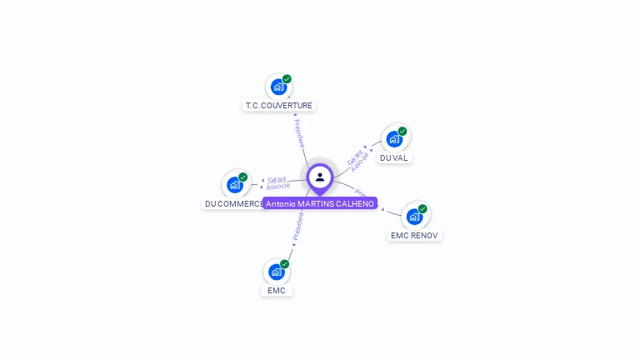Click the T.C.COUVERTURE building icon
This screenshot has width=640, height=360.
coord(278,87)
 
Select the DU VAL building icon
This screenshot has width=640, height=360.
coord(394,139)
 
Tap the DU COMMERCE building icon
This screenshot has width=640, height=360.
coord(235,185)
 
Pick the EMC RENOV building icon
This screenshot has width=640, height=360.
coord(414,217)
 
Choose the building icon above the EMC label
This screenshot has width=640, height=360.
coord(277,272)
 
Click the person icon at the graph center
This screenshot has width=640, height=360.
coord(320,177)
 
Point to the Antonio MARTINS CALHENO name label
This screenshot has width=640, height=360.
coord(320,203)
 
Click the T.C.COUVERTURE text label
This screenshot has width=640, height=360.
coord(279,106)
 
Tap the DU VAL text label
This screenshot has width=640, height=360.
coord(394,157)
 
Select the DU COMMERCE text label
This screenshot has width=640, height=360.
coord(234,203)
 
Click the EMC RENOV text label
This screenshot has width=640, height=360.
coord(414,235)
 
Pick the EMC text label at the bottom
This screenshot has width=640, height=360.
coord(277,290)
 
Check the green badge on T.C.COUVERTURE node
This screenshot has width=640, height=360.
coord(287,79)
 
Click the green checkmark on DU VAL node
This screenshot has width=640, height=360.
coord(402,131)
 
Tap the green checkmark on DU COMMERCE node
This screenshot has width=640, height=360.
coord(242,177)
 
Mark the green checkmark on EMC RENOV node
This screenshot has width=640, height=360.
coord(422,208)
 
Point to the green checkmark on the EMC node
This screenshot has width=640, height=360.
coord(285,263)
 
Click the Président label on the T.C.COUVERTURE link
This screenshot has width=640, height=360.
coord(298,133)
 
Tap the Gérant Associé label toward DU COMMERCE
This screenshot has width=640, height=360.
coord(277,182)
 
